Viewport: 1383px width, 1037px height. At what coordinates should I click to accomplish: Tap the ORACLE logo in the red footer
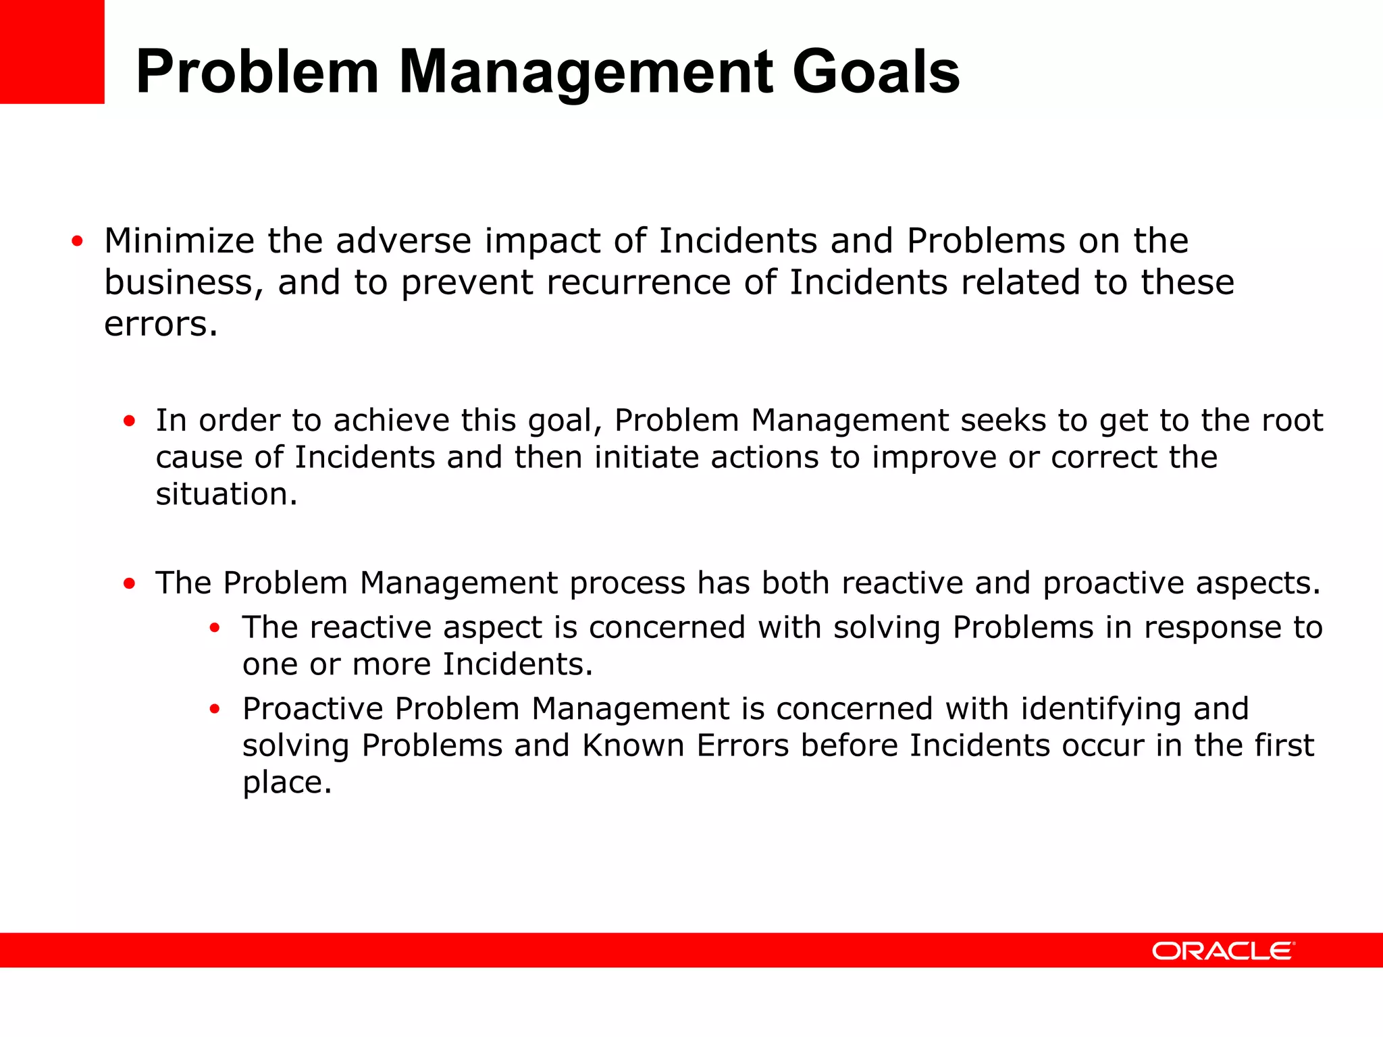[1223, 951]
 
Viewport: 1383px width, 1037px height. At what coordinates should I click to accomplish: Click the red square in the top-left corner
[52, 51]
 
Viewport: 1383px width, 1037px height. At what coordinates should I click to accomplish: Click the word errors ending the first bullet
[161, 324]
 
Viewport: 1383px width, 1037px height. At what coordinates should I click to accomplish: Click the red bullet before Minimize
[77, 241]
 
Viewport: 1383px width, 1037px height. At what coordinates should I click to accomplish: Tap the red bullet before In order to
[129, 421]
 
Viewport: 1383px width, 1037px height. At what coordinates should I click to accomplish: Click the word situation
[226, 494]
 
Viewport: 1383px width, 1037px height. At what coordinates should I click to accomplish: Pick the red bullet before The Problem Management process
[129, 583]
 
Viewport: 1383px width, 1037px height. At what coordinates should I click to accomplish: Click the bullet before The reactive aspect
[215, 628]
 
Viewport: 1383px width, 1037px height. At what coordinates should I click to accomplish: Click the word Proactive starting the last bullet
[313, 709]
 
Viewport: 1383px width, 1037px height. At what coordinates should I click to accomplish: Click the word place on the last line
[286, 783]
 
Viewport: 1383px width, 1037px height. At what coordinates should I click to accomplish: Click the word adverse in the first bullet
[403, 241]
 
